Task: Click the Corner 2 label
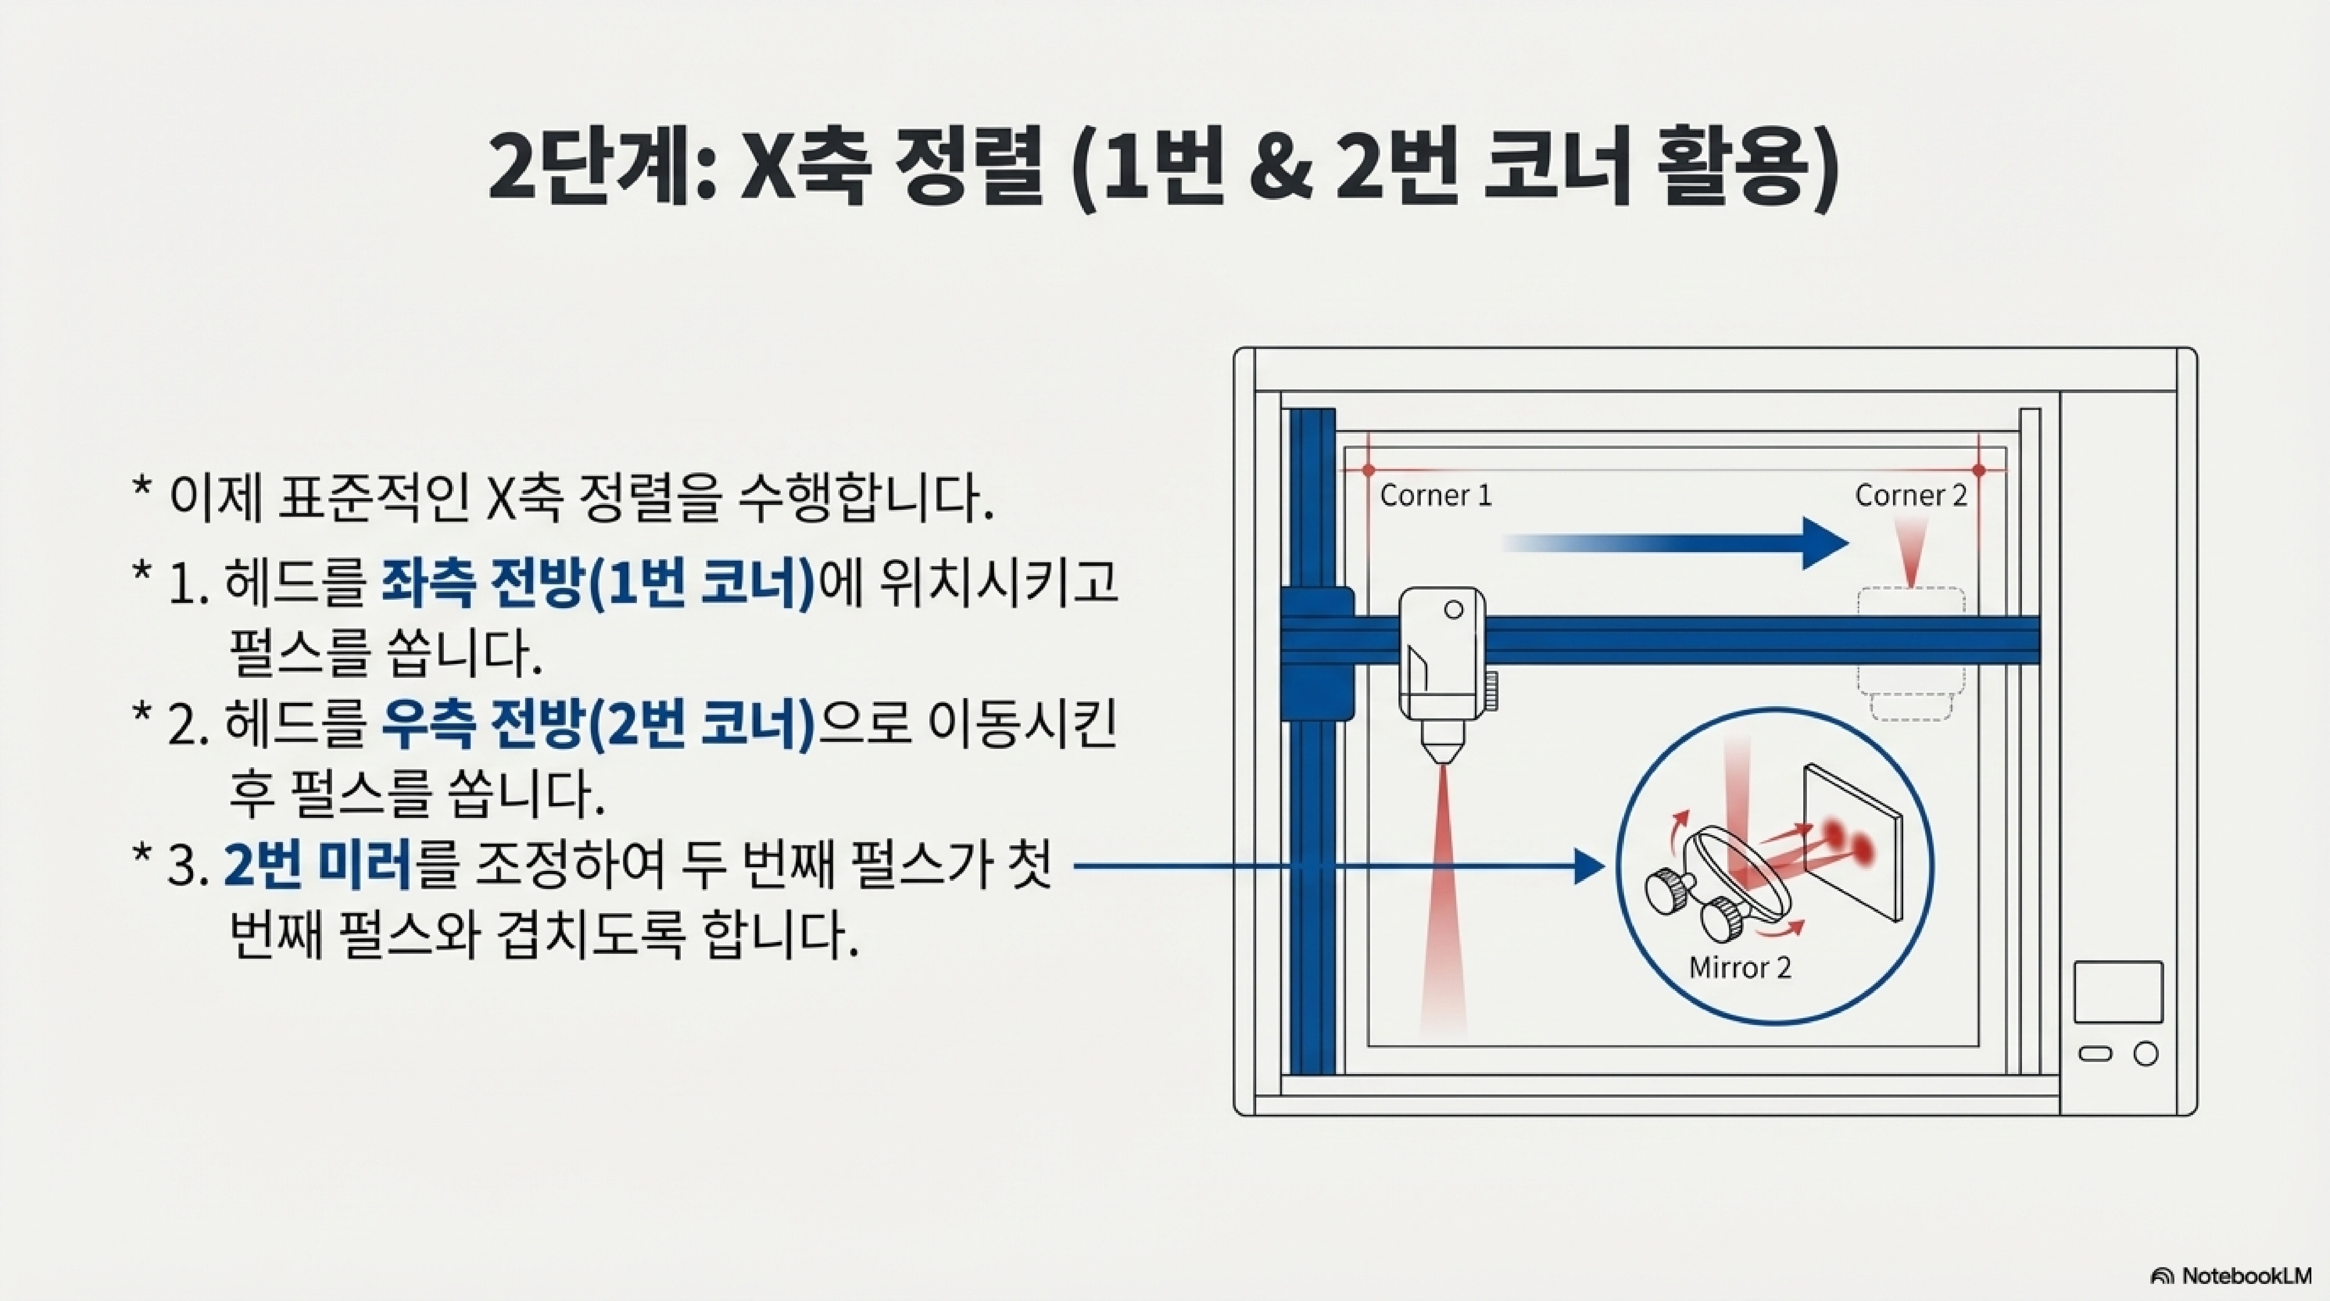1910,496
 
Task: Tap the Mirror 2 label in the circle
1739,968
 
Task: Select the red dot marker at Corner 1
1368,470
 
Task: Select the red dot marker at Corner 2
1979,470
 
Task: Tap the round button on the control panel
2145,1054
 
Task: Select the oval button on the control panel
2095,1054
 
